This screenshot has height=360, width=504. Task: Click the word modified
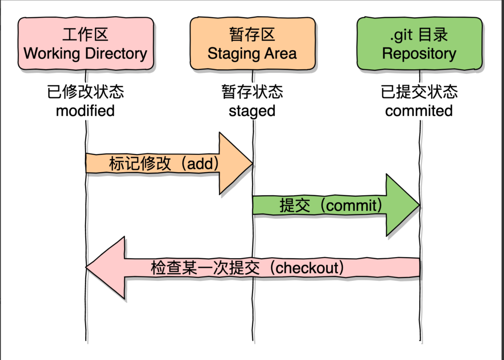pos(85,111)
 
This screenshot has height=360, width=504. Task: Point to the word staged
pos(252,111)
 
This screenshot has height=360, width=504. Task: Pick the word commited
pos(419,111)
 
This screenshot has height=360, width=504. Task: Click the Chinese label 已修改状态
pos(85,92)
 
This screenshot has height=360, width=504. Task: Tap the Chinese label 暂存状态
pos(252,92)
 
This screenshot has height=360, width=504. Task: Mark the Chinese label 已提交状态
pos(419,92)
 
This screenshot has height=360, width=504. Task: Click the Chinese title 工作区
pos(85,34)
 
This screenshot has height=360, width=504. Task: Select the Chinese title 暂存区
pos(252,34)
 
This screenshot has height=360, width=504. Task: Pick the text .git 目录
pos(419,34)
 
